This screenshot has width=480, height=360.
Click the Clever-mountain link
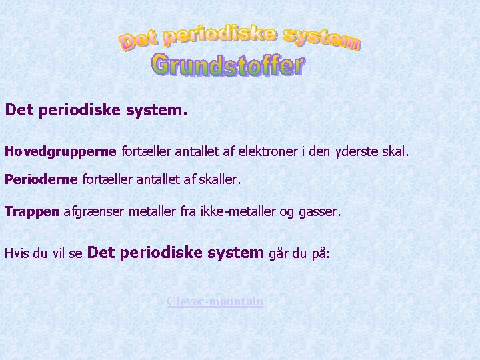pos(215,301)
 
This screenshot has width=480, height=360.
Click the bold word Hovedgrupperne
pos(61,152)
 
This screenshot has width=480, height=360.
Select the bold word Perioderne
pos(41,180)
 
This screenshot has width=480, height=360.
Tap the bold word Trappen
pos(32,212)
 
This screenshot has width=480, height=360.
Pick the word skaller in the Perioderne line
pos(218,180)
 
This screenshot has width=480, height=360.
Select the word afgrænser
pos(91,212)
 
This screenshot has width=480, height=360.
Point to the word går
pos(279,253)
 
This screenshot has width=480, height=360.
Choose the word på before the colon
pos(319,254)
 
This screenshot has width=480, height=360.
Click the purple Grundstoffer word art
pos(227,65)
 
